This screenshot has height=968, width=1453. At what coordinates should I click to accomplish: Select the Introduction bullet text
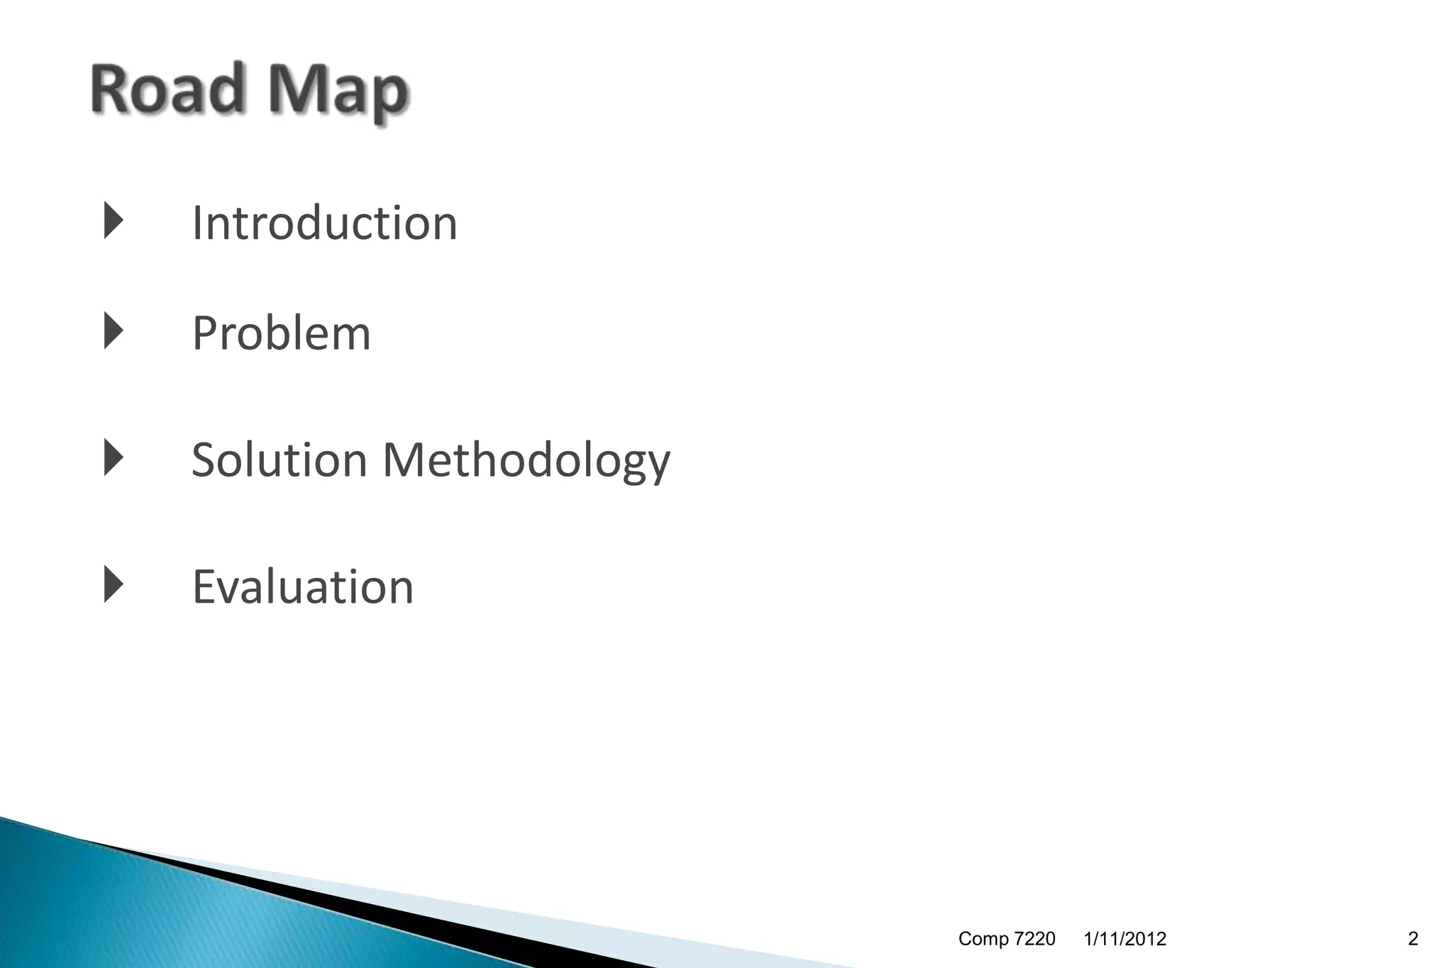324,223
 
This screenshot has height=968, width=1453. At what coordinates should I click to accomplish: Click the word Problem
281,333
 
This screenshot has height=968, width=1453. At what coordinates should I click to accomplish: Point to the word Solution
279,460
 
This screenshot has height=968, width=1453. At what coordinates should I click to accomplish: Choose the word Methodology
526,461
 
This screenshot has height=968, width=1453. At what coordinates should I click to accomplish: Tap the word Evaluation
302,586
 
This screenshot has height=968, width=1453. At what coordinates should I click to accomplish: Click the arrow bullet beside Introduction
113,220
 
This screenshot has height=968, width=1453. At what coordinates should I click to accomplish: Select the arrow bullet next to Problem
113,330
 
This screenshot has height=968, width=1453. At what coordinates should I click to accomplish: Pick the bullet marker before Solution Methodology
113,457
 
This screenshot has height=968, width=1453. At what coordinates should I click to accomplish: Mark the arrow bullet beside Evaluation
113,584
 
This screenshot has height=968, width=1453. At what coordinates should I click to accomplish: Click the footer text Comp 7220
1006,939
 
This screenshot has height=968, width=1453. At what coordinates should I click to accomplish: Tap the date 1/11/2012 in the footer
1125,939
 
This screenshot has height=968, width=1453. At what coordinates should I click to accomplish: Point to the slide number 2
1413,939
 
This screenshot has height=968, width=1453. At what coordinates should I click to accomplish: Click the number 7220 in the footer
1034,939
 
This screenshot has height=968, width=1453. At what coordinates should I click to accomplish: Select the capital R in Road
112,89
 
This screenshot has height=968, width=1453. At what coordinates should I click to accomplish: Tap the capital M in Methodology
409,460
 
